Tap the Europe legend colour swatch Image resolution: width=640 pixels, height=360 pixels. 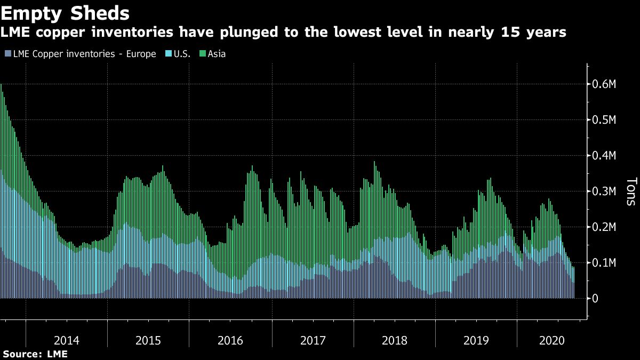(x=7, y=54)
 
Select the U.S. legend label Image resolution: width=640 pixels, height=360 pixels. (x=181, y=54)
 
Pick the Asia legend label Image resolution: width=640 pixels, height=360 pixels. (x=217, y=54)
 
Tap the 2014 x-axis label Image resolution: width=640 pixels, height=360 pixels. (x=67, y=340)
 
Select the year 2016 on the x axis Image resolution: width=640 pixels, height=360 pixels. (x=230, y=340)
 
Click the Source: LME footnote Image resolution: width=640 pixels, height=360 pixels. (x=35, y=354)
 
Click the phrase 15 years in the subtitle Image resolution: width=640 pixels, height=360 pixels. (x=533, y=33)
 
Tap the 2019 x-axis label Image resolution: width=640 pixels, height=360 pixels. (x=476, y=340)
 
